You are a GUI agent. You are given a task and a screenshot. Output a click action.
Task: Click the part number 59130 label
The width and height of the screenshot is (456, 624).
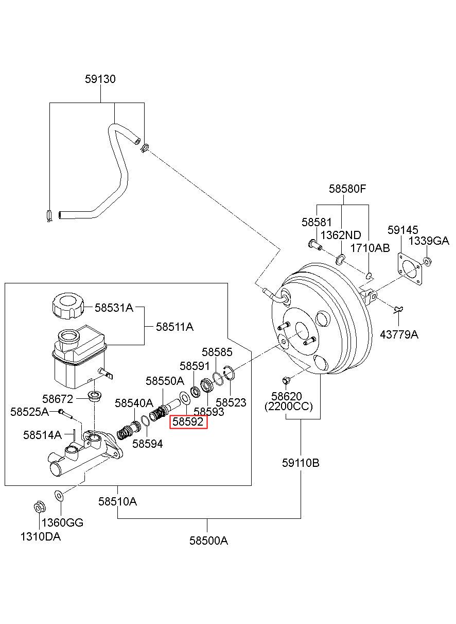pos(100,79)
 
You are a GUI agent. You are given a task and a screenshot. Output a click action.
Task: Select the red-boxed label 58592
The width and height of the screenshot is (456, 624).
pos(189,421)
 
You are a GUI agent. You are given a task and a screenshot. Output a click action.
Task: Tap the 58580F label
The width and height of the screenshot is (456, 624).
pos(347,189)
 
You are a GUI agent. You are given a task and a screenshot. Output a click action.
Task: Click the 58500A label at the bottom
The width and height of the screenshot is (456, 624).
pos(208,541)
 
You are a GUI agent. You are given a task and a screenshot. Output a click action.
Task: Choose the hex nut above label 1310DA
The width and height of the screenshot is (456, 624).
pos(40,507)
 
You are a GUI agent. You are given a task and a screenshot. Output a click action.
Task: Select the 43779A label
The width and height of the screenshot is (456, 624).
pos(399,334)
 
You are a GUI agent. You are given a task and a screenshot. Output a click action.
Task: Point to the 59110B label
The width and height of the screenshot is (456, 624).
pos(301,463)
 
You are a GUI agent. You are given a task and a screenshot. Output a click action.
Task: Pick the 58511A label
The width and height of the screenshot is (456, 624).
pos(174,327)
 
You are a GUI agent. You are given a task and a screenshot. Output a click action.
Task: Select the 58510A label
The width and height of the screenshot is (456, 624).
pos(117,502)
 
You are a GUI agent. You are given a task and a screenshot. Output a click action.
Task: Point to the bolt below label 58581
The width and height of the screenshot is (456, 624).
pos(315,244)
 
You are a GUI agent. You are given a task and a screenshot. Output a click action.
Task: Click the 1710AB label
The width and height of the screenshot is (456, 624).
pos(370,248)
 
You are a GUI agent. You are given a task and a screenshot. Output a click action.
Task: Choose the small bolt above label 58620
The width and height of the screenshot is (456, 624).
pos(286,380)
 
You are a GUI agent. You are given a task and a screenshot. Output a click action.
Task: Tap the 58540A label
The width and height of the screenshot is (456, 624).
pos(134,403)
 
